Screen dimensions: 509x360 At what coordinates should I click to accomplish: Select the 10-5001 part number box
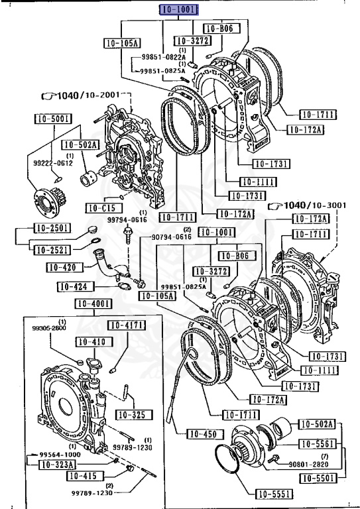point(50,119)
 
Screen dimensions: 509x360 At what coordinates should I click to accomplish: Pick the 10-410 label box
point(90,342)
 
